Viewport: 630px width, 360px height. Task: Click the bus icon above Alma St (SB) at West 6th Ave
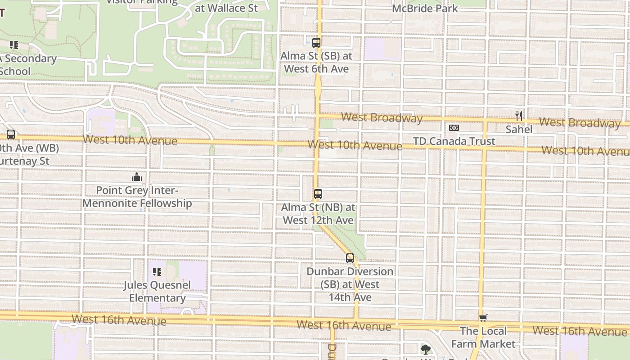click(x=316, y=43)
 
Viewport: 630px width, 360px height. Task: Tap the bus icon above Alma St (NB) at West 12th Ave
click(x=318, y=194)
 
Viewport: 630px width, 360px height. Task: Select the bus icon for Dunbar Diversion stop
click(x=350, y=258)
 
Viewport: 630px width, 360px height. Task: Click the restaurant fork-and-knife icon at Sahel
click(x=519, y=116)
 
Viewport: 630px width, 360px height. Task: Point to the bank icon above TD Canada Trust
click(x=454, y=128)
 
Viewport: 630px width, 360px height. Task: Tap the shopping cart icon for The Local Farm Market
click(x=483, y=318)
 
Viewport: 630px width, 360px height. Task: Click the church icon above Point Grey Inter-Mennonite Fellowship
click(x=137, y=177)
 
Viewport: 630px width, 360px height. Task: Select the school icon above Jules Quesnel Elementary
click(x=157, y=271)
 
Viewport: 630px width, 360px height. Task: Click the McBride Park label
click(x=425, y=8)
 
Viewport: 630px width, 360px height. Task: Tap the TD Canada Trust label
click(x=454, y=141)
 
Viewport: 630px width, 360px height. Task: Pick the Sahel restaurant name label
click(x=519, y=130)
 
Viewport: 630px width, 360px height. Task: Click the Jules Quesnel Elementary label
click(x=157, y=291)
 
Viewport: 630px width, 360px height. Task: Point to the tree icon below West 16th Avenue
click(x=425, y=349)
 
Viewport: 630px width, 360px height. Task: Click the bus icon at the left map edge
click(x=11, y=134)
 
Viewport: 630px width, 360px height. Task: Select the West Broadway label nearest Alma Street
click(x=382, y=118)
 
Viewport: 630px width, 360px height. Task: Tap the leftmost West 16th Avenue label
click(x=119, y=320)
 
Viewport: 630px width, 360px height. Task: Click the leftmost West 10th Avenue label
click(x=130, y=140)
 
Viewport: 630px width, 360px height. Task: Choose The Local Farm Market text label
click(x=483, y=337)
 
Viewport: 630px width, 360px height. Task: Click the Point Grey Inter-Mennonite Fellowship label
click(x=137, y=197)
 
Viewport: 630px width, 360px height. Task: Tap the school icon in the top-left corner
click(x=14, y=45)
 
